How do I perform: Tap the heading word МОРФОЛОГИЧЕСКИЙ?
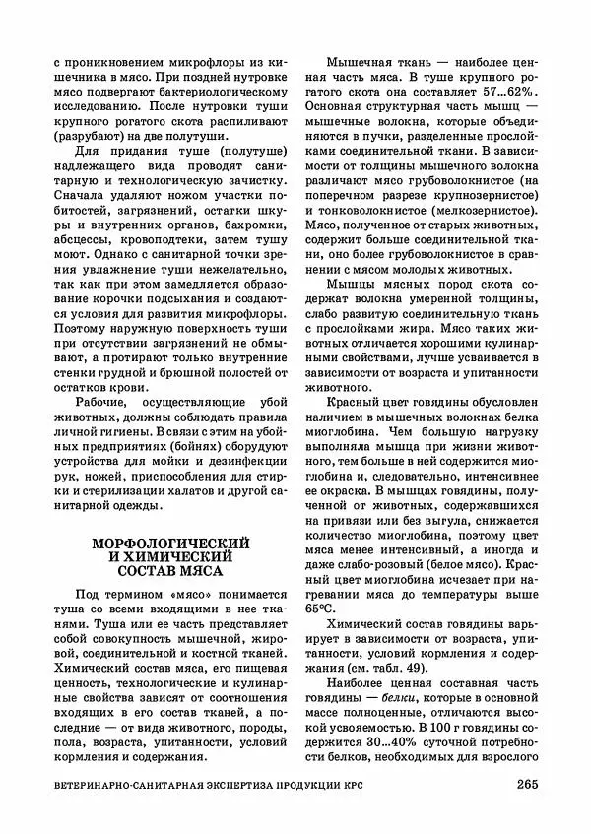pyautogui.click(x=170, y=543)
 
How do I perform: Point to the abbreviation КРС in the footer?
pyautogui.click(x=462, y=786)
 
